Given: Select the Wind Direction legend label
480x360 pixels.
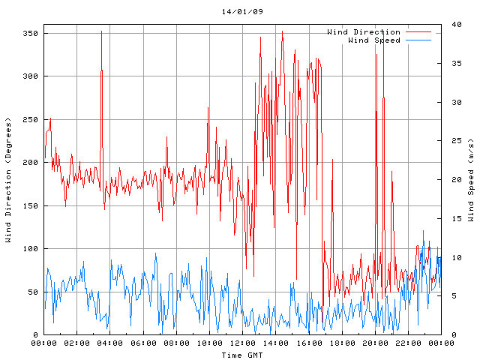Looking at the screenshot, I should [364, 32].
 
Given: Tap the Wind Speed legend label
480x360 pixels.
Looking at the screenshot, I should [373, 40].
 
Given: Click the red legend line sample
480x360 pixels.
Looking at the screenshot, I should [418, 32].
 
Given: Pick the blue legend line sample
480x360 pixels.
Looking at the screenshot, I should [418, 40].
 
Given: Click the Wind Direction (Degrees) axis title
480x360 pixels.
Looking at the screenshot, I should [8, 180].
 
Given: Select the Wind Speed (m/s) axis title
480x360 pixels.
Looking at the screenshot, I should [471, 180].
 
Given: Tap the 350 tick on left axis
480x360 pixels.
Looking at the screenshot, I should [30, 34].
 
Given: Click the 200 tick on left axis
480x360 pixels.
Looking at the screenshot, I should [30, 163].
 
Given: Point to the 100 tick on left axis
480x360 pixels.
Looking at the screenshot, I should [30, 249].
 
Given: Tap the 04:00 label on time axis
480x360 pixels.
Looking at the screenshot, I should [110, 343].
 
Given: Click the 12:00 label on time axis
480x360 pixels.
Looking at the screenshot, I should [242, 343].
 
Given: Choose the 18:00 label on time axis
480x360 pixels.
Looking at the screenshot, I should [342, 343].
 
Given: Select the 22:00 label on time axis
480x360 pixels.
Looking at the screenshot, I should [408, 343].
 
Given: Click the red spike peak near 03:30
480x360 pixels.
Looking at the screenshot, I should [101, 31].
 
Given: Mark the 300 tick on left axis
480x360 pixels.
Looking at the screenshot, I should [30, 76].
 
